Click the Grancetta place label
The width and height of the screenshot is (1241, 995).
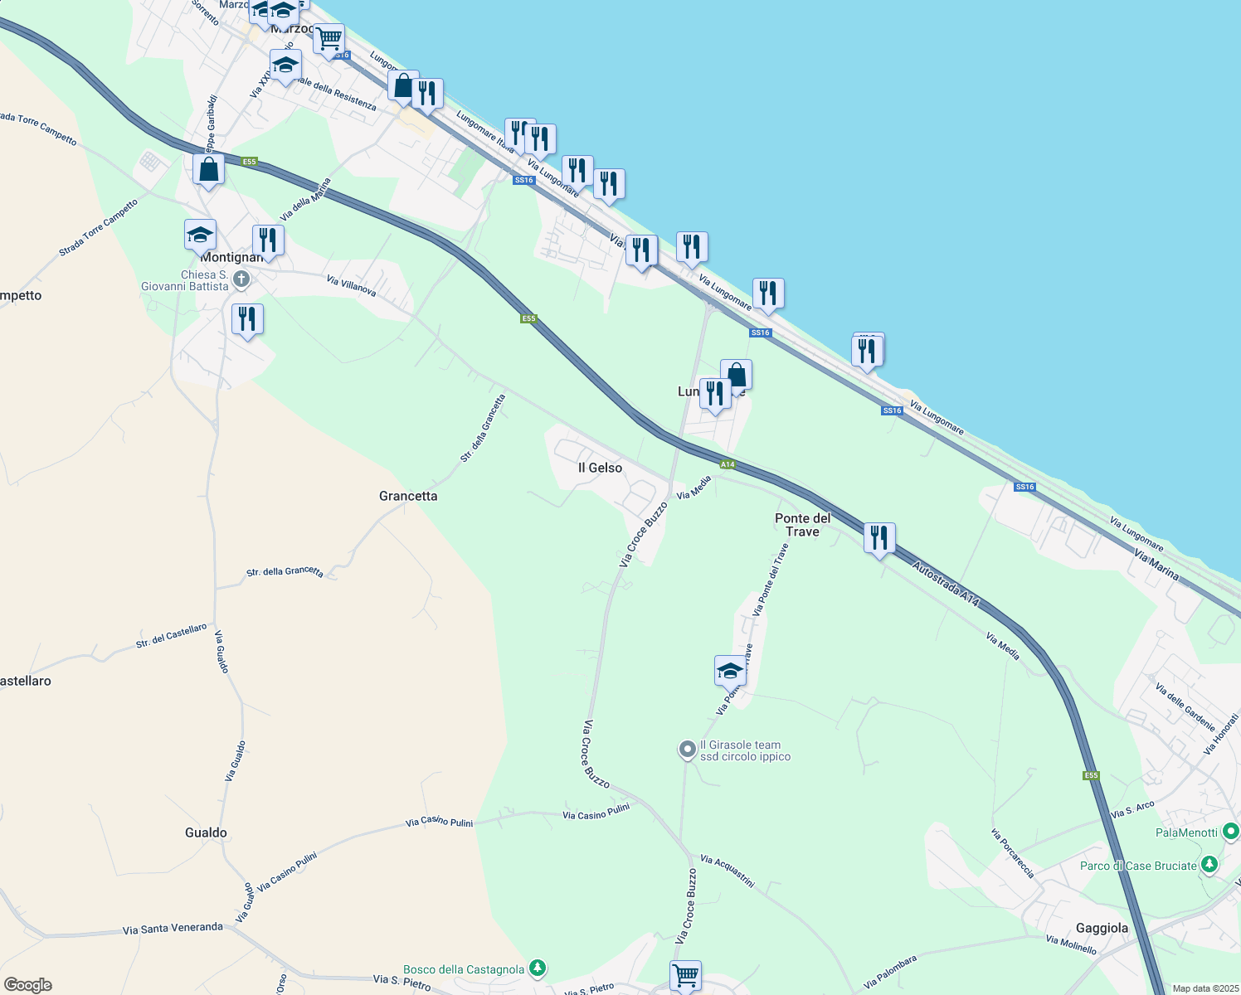click(407, 496)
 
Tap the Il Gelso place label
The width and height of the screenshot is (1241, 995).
click(600, 468)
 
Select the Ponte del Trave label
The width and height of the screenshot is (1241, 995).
click(802, 525)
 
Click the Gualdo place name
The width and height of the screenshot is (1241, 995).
click(206, 832)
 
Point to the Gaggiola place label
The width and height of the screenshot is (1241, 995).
click(1102, 928)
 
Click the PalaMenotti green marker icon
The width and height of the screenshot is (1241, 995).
click(1230, 831)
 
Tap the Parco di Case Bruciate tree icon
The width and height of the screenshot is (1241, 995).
click(1209, 865)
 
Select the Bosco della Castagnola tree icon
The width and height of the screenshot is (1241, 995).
click(538, 968)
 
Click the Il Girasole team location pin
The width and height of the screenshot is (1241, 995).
click(687, 750)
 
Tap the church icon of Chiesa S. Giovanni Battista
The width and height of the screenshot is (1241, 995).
click(241, 279)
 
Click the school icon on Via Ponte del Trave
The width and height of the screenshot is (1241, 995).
click(730, 671)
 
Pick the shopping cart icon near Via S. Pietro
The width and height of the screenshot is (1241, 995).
click(685, 975)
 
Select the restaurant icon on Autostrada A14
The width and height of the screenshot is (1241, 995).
click(878, 538)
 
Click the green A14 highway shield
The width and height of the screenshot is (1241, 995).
click(728, 464)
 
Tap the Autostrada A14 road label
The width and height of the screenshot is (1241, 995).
click(946, 585)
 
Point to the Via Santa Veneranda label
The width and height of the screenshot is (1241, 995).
click(173, 929)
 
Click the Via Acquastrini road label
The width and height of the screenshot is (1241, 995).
click(727, 871)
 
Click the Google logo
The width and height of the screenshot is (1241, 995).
click(28, 985)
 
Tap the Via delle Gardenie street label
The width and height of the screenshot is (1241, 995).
click(1185, 706)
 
